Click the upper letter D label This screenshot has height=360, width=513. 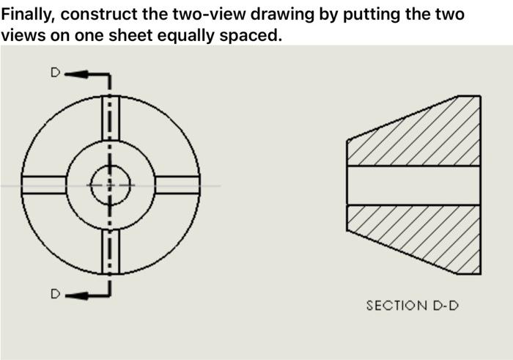click(53, 73)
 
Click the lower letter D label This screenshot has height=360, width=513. click(53, 294)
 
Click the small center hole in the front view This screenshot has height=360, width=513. click(111, 185)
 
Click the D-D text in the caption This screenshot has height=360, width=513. click(446, 305)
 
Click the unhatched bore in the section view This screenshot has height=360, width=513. click(414, 185)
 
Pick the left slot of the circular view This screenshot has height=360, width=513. click(45, 185)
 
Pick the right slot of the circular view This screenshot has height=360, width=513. click(177, 185)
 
